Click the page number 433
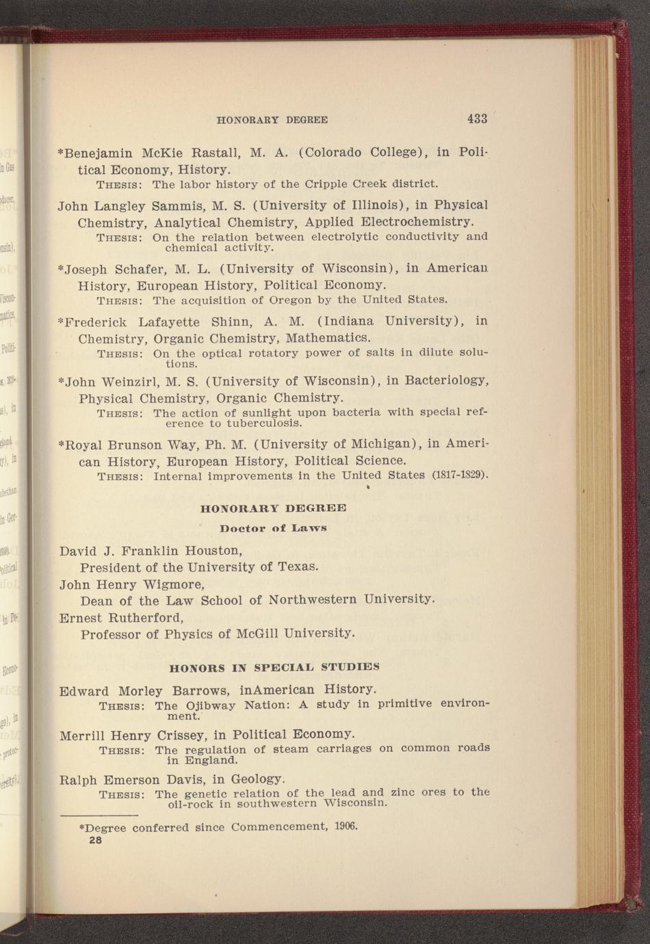coord(477,118)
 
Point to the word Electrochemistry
coord(417,222)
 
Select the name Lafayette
coord(169,322)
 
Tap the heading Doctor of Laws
coord(273,528)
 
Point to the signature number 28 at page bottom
coord(95,841)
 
